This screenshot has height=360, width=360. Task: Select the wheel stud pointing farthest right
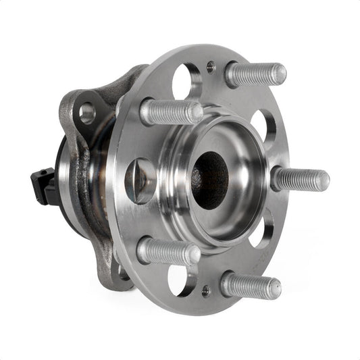coord(301,180)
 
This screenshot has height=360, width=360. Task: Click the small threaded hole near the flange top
coord(211,66)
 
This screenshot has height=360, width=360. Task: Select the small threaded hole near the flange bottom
coord(205,291)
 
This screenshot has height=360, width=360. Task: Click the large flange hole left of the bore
coord(140,180)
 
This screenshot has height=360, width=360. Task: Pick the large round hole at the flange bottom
coord(182,280)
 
